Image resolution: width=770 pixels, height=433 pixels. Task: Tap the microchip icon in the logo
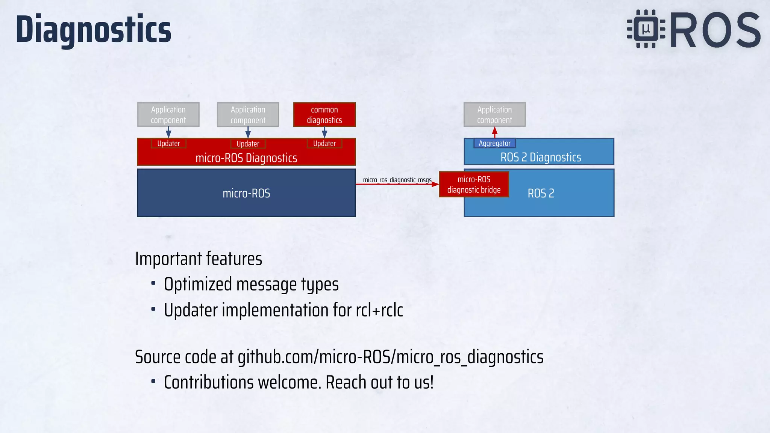pyautogui.click(x=646, y=29)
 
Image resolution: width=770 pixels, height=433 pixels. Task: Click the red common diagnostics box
pyautogui.click(x=324, y=115)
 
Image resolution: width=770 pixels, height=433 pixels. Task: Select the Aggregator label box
pyautogui.click(x=494, y=143)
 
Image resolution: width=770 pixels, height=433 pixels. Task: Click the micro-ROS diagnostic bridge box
pyautogui.click(x=474, y=185)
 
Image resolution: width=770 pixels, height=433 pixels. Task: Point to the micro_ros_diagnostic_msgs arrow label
pyautogui.click(x=397, y=180)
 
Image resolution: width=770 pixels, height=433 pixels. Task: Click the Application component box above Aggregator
pyautogui.click(x=494, y=115)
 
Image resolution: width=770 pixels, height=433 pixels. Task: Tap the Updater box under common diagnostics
pyautogui.click(x=324, y=143)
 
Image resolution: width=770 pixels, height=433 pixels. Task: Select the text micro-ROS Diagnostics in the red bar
pyautogui.click(x=246, y=158)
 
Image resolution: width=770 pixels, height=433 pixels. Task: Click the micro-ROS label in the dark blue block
pyautogui.click(x=246, y=193)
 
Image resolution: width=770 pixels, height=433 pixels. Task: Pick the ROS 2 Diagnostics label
pyautogui.click(x=540, y=157)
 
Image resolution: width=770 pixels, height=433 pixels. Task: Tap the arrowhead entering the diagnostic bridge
pyautogui.click(x=435, y=184)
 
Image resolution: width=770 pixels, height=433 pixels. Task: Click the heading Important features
pyautogui.click(x=199, y=259)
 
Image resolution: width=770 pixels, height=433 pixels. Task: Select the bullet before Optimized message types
pyautogui.click(x=153, y=283)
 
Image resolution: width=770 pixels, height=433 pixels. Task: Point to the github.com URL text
pyautogui.click(x=390, y=357)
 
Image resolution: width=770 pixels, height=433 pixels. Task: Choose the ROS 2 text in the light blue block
pyautogui.click(x=540, y=193)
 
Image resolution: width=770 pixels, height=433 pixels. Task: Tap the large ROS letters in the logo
pyautogui.click(x=715, y=30)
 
